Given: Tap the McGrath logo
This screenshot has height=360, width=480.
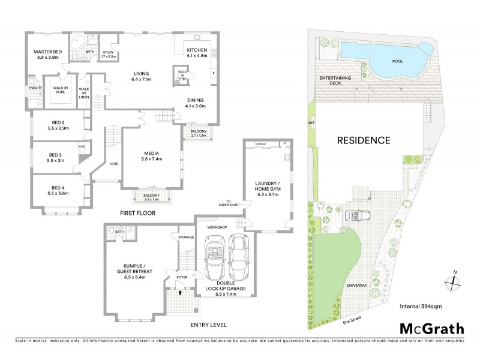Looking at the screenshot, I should coord(431,328).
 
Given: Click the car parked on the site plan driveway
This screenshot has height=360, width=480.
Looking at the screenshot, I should coord(358,216).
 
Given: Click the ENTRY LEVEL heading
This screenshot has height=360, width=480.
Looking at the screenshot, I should coord(208,325).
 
